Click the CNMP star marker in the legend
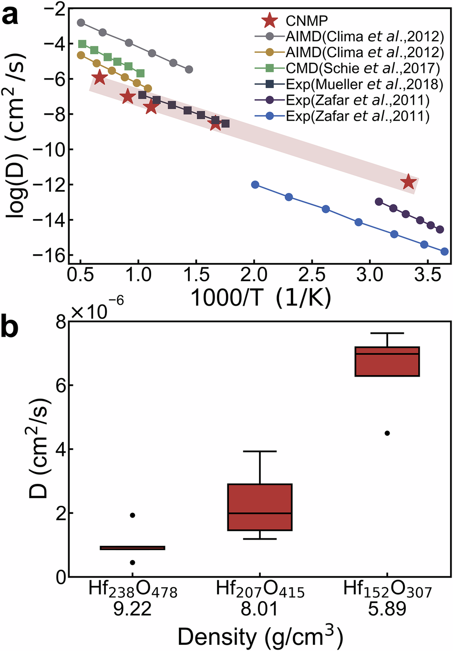click(x=270, y=21)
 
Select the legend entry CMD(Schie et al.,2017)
click(x=363, y=68)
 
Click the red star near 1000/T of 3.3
click(x=408, y=181)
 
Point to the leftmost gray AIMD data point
click(x=81, y=23)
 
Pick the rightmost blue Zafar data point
click(x=444, y=251)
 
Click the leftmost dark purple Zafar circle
click(x=379, y=202)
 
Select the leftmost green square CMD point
click(x=82, y=44)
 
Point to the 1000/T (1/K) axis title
click(x=260, y=298)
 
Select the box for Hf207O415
click(x=260, y=507)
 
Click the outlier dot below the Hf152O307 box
click(x=387, y=433)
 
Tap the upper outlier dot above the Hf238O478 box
click(x=133, y=515)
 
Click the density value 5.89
click(x=387, y=609)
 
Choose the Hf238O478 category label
click(x=133, y=591)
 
